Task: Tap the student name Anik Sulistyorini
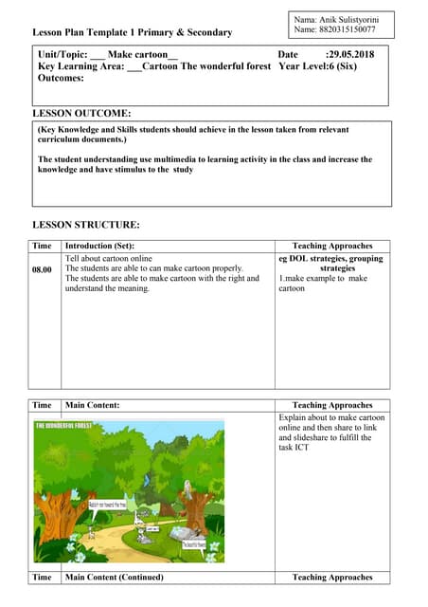pyautogui.click(x=349, y=19)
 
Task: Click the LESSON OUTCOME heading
pyautogui.click(x=81, y=113)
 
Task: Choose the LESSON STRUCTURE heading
pyautogui.click(x=86, y=225)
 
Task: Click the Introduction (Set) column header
pyautogui.click(x=99, y=246)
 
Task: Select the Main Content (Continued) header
pyautogui.click(x=114, y=577)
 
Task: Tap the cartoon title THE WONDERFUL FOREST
pyautogui.click(x=69, y=426)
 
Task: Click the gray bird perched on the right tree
pyautogui.click(x=187, y=487)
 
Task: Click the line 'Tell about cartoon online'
pyautogui.click(x=108, y=258)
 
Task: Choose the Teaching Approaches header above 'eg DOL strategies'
pyautogui.click(x=332, y=246)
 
